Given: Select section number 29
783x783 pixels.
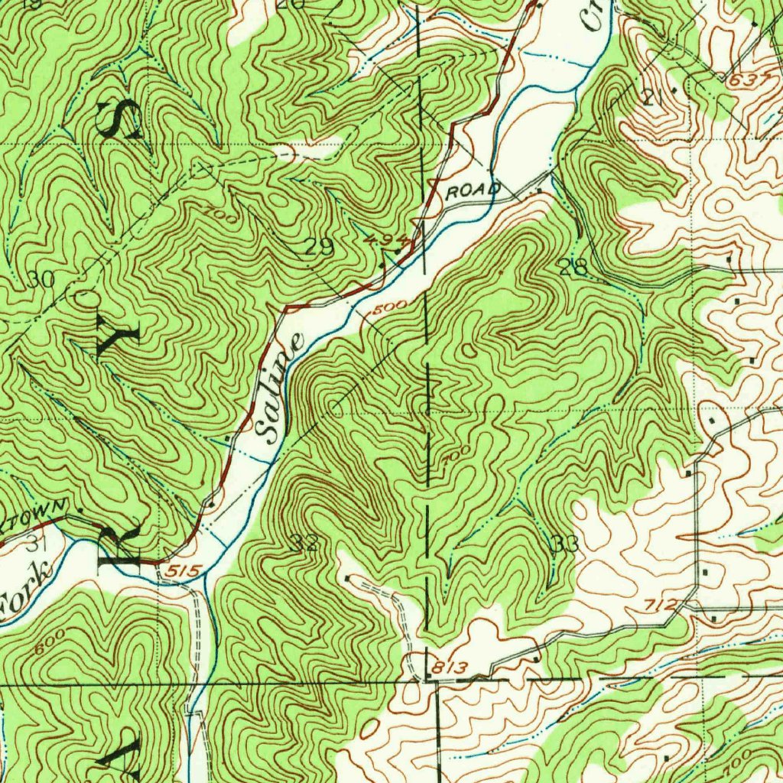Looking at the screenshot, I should (x=319, y=246).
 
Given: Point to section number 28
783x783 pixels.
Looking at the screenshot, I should (x=573, y=267).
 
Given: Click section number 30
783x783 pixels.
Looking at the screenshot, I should (x=40, y=281).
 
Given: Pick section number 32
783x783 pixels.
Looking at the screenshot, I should (x=304, y=544).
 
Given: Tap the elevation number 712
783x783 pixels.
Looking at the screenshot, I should (x=659, y=605).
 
